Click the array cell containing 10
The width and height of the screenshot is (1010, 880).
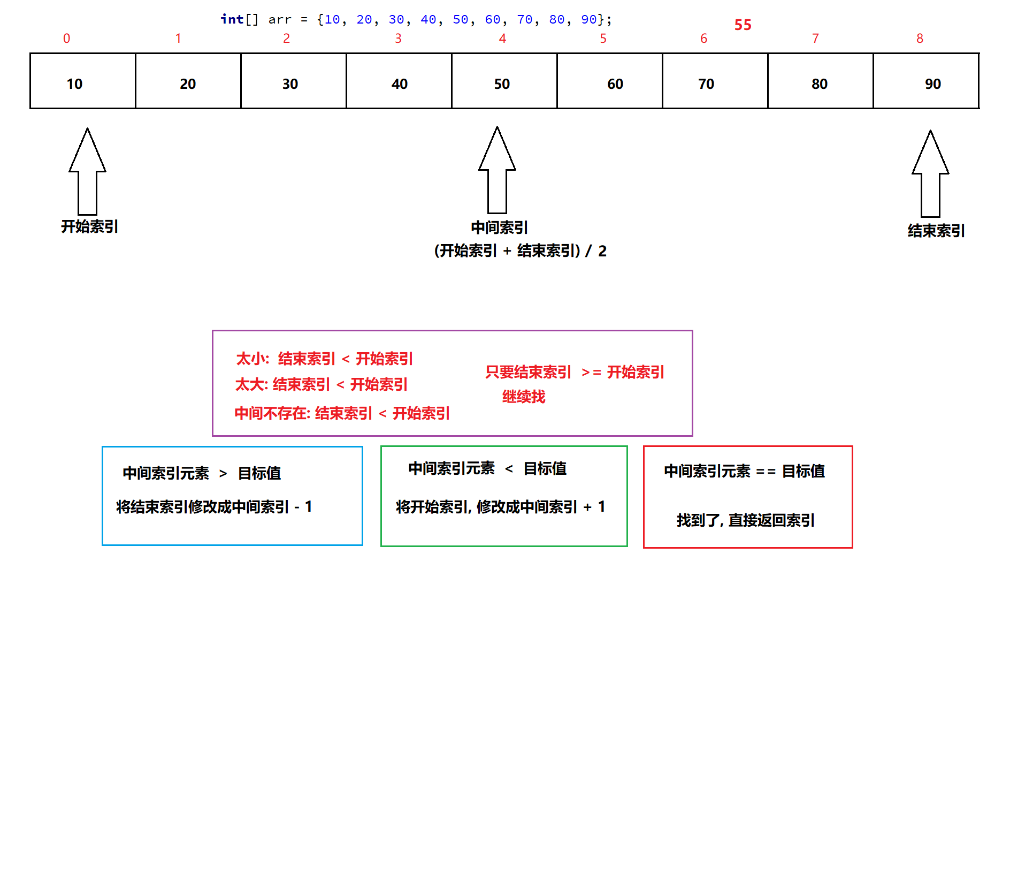tap(83, 81)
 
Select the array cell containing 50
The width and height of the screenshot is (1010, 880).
tap(504, 81)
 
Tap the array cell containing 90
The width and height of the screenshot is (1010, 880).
tap(926, 81)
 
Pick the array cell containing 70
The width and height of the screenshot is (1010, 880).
tap(715, 81)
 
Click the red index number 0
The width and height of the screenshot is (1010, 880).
tap(67, 39)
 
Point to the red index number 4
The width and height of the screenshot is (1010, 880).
tap(502, 39)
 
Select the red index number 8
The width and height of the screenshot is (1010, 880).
tap(920, 39)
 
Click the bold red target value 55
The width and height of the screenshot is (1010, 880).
tap(743, 25)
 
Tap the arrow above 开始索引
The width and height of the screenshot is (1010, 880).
tap(88, 171)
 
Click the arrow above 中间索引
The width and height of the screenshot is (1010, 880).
tap(497, 170)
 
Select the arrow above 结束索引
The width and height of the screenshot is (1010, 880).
tap(930, 173)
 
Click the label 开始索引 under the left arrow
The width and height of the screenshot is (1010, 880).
tap(90, 226)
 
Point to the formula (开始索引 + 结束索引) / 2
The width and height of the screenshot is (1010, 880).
tap(520, 251)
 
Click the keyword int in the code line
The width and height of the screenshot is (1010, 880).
tap(232, 20)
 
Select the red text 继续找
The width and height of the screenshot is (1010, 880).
tap(524, 397)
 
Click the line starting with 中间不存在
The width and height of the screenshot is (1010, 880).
tap(342, 413)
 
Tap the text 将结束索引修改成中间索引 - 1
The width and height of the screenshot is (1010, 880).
tap(214, 506)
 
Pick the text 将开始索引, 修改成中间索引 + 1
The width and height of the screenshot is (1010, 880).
tap(501, 506)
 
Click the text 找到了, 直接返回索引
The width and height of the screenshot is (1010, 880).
tap(746, 520)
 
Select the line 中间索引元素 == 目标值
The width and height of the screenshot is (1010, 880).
tap(744, 471)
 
